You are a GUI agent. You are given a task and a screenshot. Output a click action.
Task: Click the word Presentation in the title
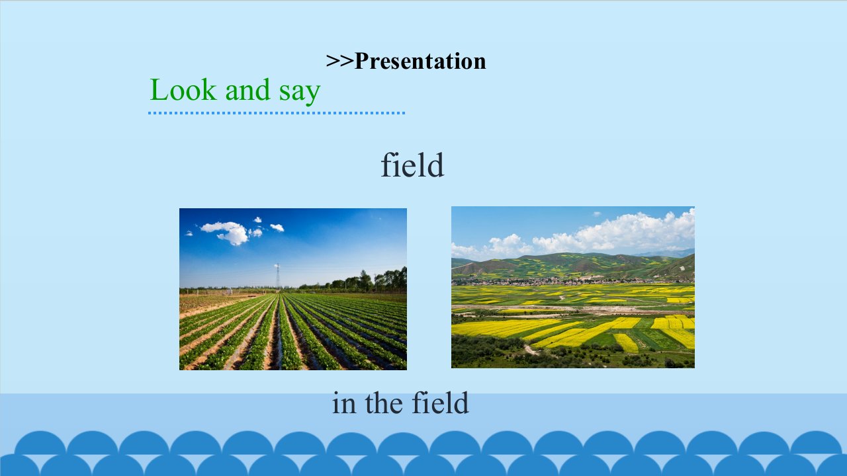(x=420, y=61)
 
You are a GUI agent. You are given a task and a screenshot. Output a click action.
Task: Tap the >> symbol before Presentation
(x=340, y=61)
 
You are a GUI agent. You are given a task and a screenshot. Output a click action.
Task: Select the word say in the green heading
(x=300, y=93)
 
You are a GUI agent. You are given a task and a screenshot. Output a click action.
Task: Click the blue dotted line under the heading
(x=277, y=112)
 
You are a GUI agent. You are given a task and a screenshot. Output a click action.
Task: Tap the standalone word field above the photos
(x=412, y=165)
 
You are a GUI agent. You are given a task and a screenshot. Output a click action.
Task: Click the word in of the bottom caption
(x=344, y=403)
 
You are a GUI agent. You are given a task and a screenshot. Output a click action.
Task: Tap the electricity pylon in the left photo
(x=277, y=276)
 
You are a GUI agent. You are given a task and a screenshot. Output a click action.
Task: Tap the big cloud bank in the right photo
(x=613, y=233)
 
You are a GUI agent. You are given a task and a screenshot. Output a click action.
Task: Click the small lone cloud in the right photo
(x=597, y=214)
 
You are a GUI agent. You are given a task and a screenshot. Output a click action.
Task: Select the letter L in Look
(x=159, y=89)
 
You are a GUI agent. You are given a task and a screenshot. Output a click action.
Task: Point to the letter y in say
(x=312, y=95)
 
